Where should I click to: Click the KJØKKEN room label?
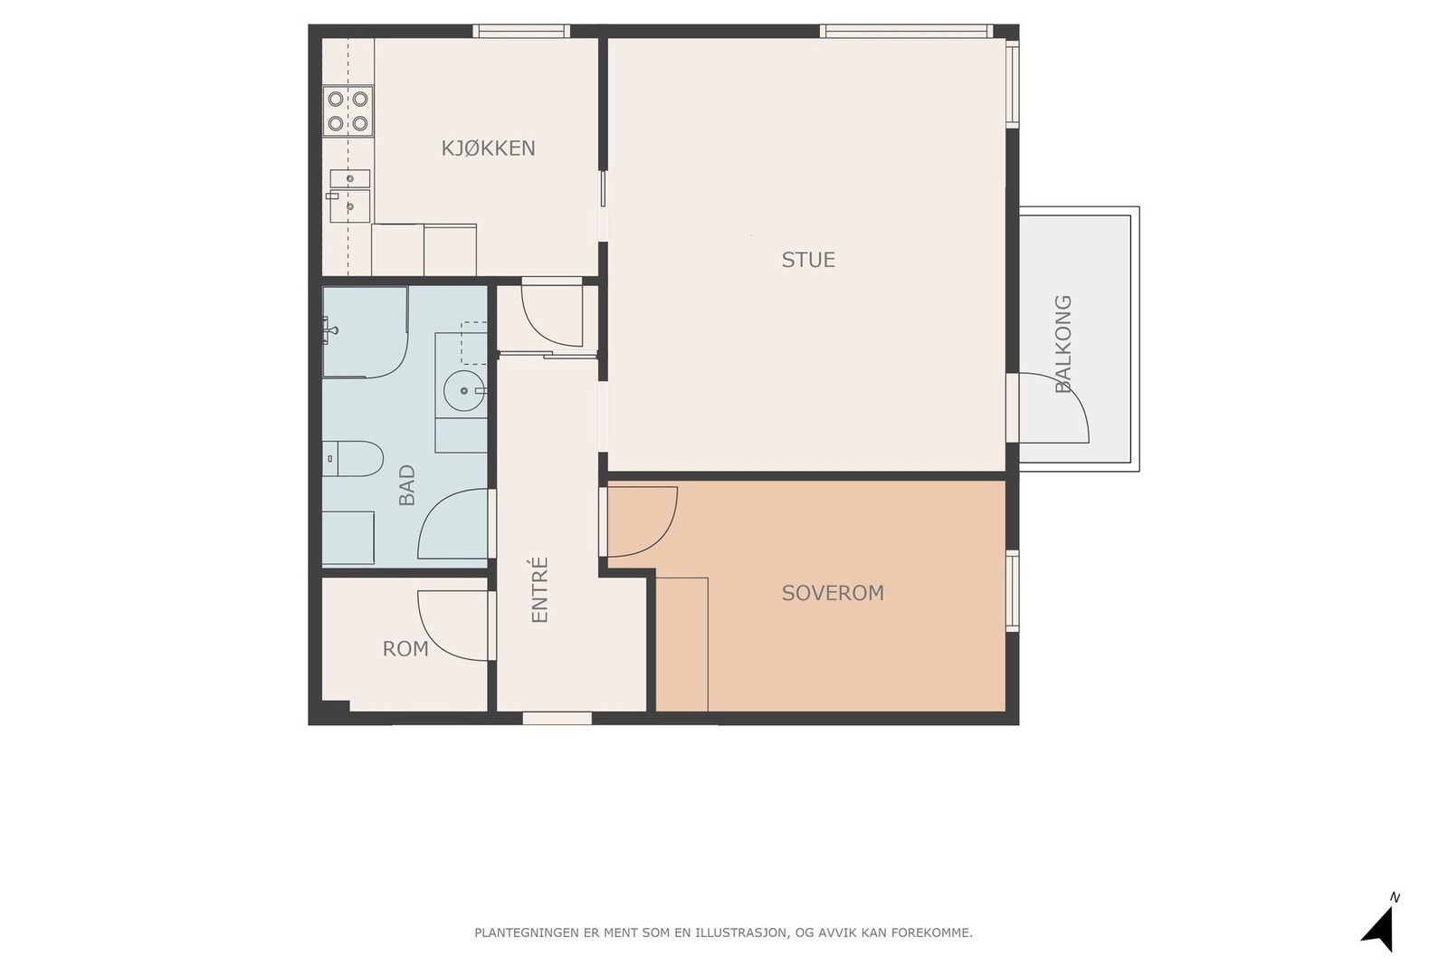[x=488, y=148]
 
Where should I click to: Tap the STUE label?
[x=808, y=260]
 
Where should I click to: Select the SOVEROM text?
[x=833, y=593]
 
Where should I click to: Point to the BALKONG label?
[x=1062, y=344]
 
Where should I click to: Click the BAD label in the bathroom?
[x=406, y=485]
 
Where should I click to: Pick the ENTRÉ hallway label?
[x=539, y=589]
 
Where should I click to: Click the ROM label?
[x=405, y=648]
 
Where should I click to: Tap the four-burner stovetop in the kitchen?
[x=348, y=110]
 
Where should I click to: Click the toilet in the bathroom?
[x=352, y=458]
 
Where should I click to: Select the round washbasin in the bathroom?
[x=464, y=390]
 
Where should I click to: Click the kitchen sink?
[x=349, y=196]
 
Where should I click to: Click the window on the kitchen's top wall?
[x=521, y=31]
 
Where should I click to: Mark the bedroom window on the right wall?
[x=1013, y=590]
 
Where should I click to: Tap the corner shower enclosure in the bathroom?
[x=366, y=332]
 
